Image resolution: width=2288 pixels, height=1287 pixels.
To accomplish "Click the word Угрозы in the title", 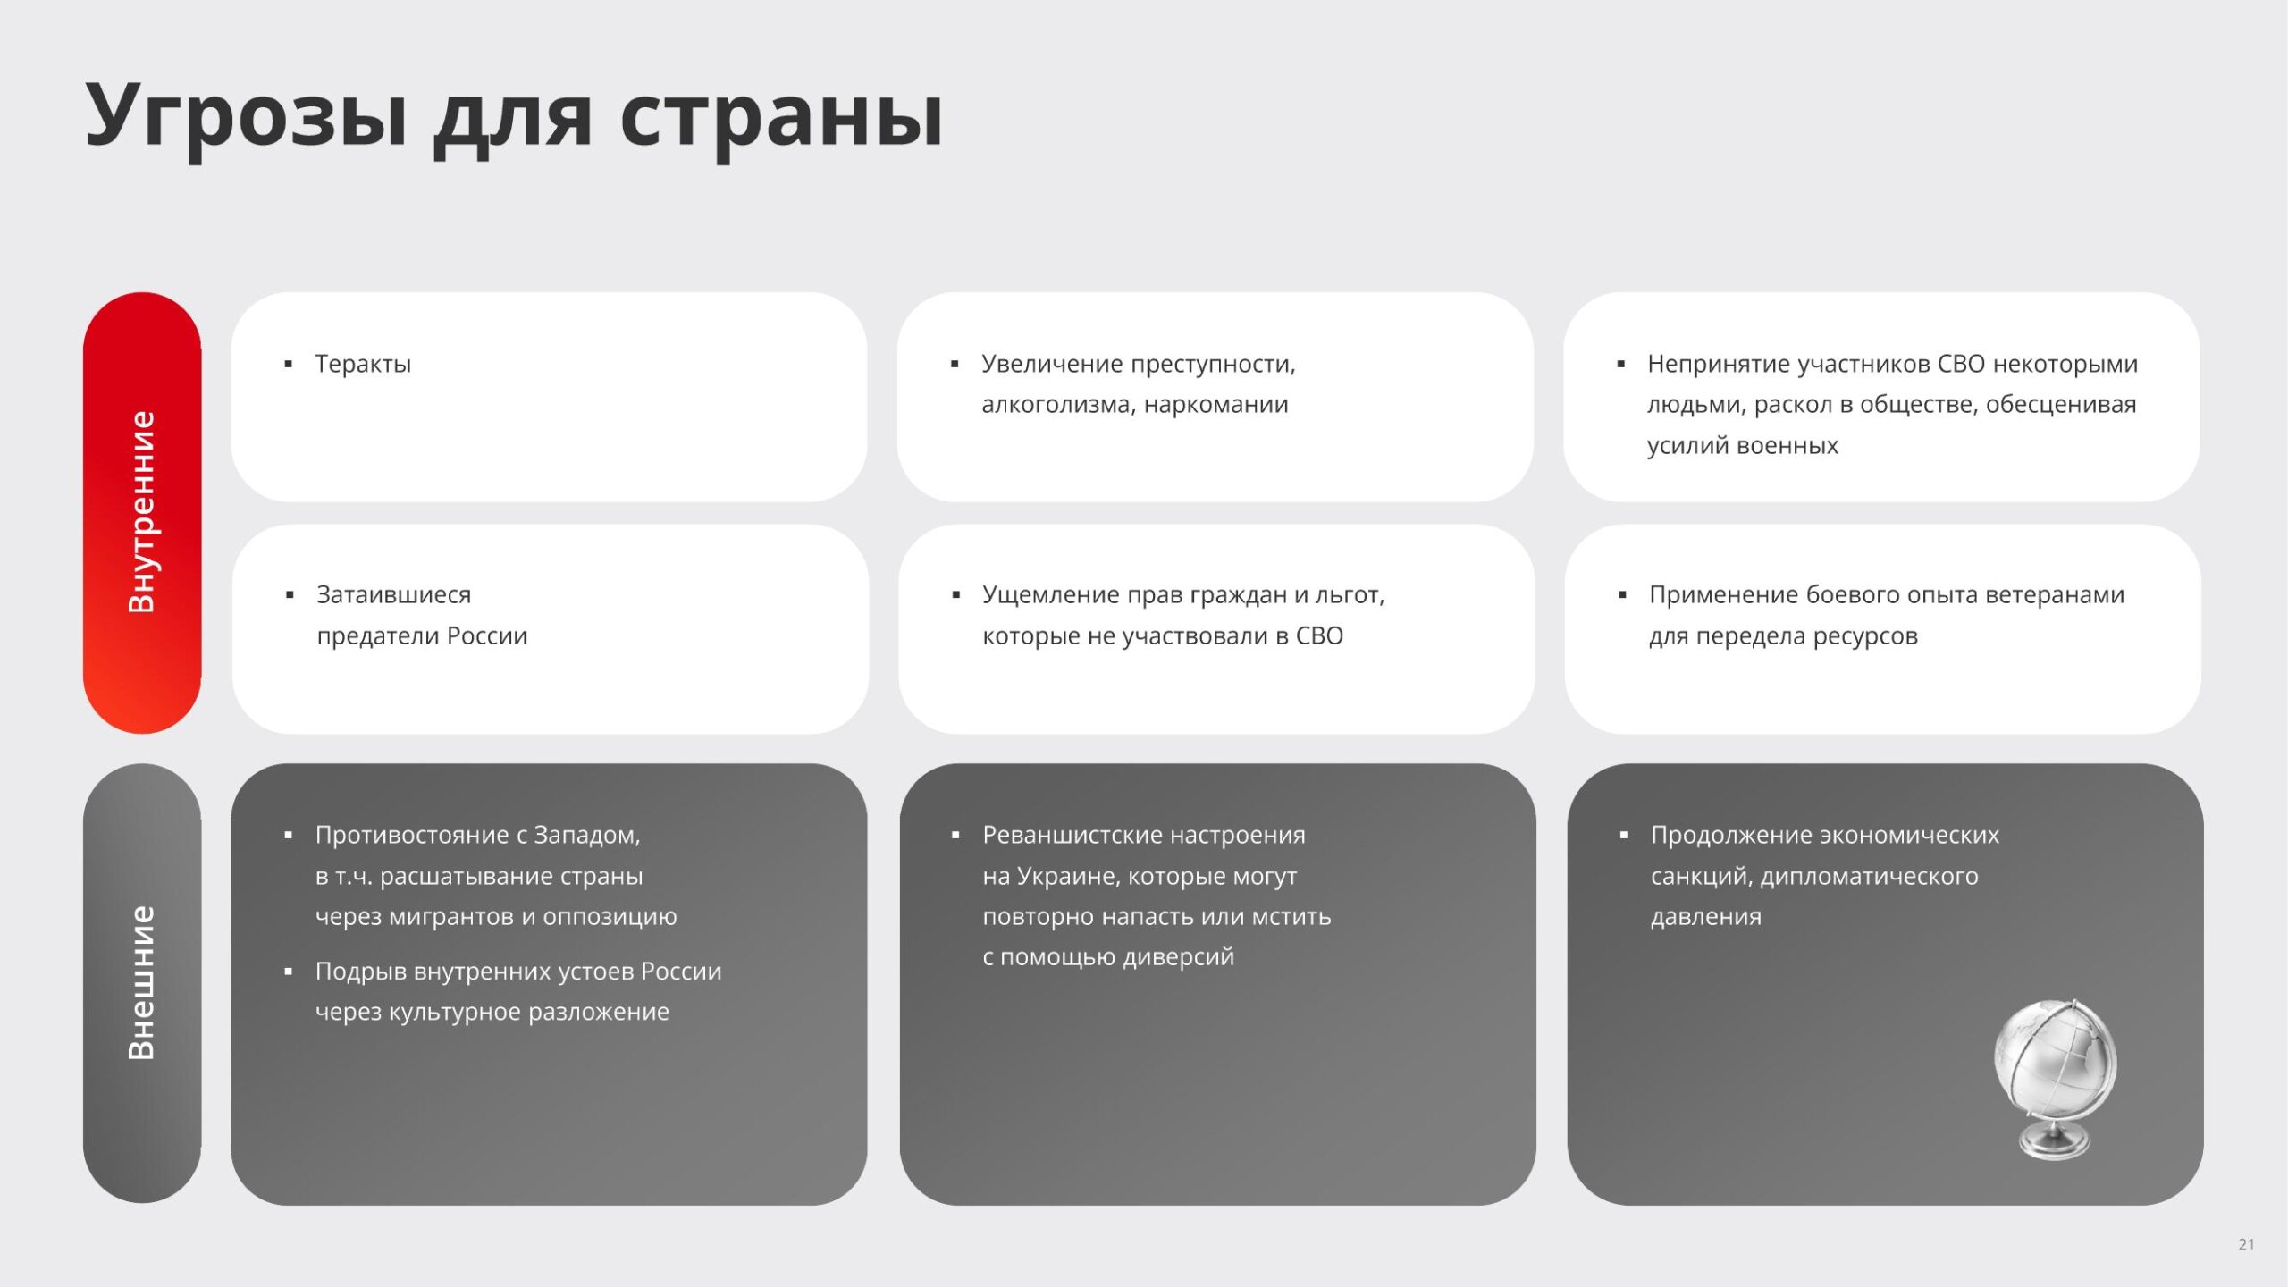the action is pyautogui.click(x=247, y=117).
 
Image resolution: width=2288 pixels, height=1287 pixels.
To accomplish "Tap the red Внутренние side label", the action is pyautogui.click(x=142, y=512).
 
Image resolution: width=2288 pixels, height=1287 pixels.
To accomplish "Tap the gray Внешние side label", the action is pyautogui.click(x=142, y=983).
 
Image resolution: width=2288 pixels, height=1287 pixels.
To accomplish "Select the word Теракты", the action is pyautogui.click(x=363, y=364).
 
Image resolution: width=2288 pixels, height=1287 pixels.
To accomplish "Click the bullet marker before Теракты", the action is pyautogui.click(x=289, y=365).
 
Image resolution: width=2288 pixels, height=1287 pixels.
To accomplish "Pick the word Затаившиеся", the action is pyautogui.click(x=393, y=595).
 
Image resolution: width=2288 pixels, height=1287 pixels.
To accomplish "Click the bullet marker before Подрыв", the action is pyautogui.click(x=289, y=972).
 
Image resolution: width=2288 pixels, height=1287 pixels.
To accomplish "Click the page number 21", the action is pyautogui.click(x=2246, y=1244).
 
